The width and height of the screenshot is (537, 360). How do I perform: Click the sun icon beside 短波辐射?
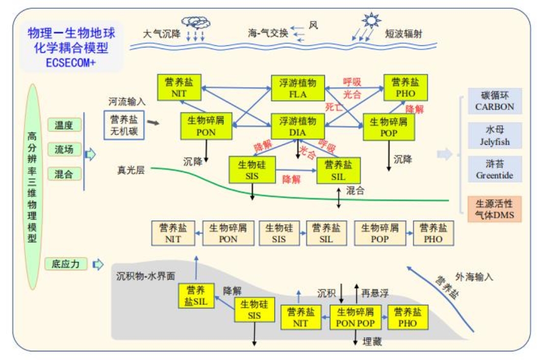[x=371, y=21]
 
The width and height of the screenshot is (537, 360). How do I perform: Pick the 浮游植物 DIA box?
[x=297, y=126]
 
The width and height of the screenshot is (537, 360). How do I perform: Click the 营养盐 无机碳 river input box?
[x=124, y=125]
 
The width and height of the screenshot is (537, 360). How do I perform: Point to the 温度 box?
[x=64, y=125]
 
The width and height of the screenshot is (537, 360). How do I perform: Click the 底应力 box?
[x=66, y=264]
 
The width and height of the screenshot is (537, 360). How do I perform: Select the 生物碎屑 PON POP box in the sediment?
[x=355, y=317]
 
